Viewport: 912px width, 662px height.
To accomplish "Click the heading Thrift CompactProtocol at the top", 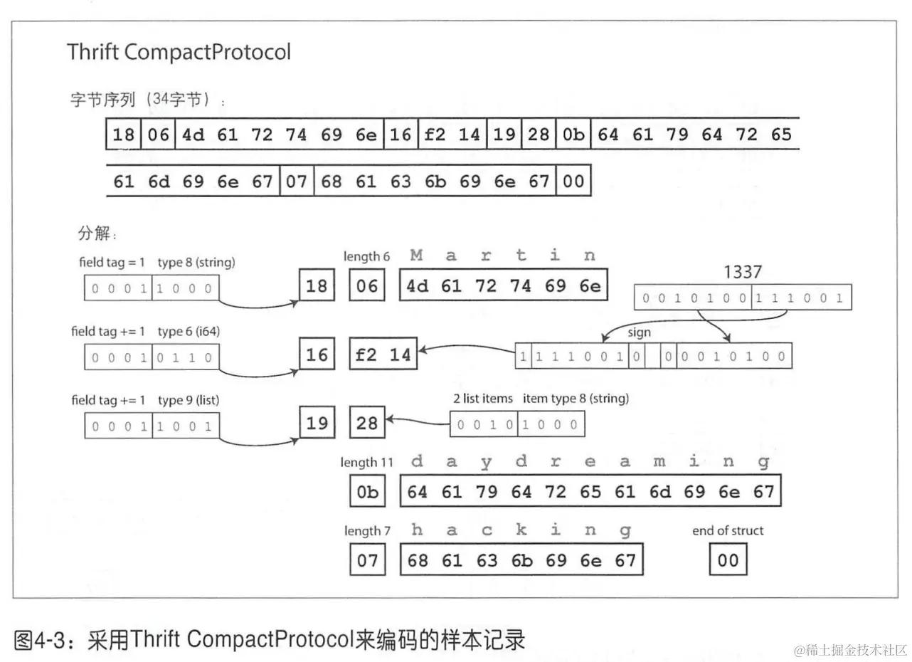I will pos(179,52).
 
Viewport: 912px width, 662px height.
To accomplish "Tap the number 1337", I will pos(742,271).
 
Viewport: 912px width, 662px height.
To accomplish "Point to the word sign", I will pos(638,332).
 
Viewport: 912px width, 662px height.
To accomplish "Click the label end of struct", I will pos(727,530).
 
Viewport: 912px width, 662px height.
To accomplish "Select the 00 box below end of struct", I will pos(728,560).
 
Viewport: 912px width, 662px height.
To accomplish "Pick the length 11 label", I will pos(366,462).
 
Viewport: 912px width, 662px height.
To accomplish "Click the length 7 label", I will pos(366,530).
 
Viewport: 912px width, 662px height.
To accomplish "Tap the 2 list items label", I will pos(483,398).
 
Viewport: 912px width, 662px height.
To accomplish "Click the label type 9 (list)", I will pos(188,400).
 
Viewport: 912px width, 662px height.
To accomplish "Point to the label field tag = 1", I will pos(112,263).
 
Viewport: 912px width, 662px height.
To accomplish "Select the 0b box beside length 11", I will pos(367,492).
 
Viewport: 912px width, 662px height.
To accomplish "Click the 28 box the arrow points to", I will pos(367,424).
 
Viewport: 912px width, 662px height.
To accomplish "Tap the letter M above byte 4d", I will pos(417,256).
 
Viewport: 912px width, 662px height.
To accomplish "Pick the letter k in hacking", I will pos(521,530).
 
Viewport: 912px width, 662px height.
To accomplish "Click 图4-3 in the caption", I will pos(42,640).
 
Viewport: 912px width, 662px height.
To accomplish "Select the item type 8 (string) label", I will pos(576,398).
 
